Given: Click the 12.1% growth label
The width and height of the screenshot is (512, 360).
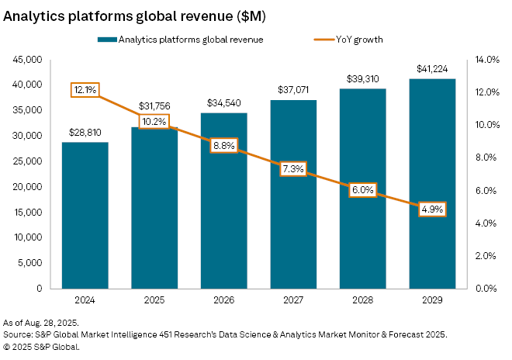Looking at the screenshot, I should pyautogui.click(x=85, y=90).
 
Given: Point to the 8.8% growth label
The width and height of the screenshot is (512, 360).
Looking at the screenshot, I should pyautogui.click(x=223, y=144).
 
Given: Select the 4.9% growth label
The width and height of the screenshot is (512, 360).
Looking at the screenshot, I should pyautogui.click(x=432, y=209).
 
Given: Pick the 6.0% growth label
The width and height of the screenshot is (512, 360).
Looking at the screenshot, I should pyautogui.click(x=362, y=190).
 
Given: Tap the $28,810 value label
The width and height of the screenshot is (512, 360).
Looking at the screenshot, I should pyautogui.click(x=85, y=133).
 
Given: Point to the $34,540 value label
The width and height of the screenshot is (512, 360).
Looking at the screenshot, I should pyautogui.click(x=223, y=103).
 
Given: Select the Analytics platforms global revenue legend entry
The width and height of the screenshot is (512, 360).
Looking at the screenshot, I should pyautogui.click(x=183, y=39).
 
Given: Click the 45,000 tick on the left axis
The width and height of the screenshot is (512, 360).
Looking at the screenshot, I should pyautogui.click(x=28, y=59).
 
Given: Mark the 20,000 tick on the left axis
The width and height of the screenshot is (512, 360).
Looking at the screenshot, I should pyautogui.click(x=28, y=186).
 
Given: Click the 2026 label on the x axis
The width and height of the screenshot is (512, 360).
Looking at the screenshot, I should pyautogui.click(x=223, y=299).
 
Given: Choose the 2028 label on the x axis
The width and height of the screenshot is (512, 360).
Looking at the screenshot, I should pyautogui.click(x=362, y=299).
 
